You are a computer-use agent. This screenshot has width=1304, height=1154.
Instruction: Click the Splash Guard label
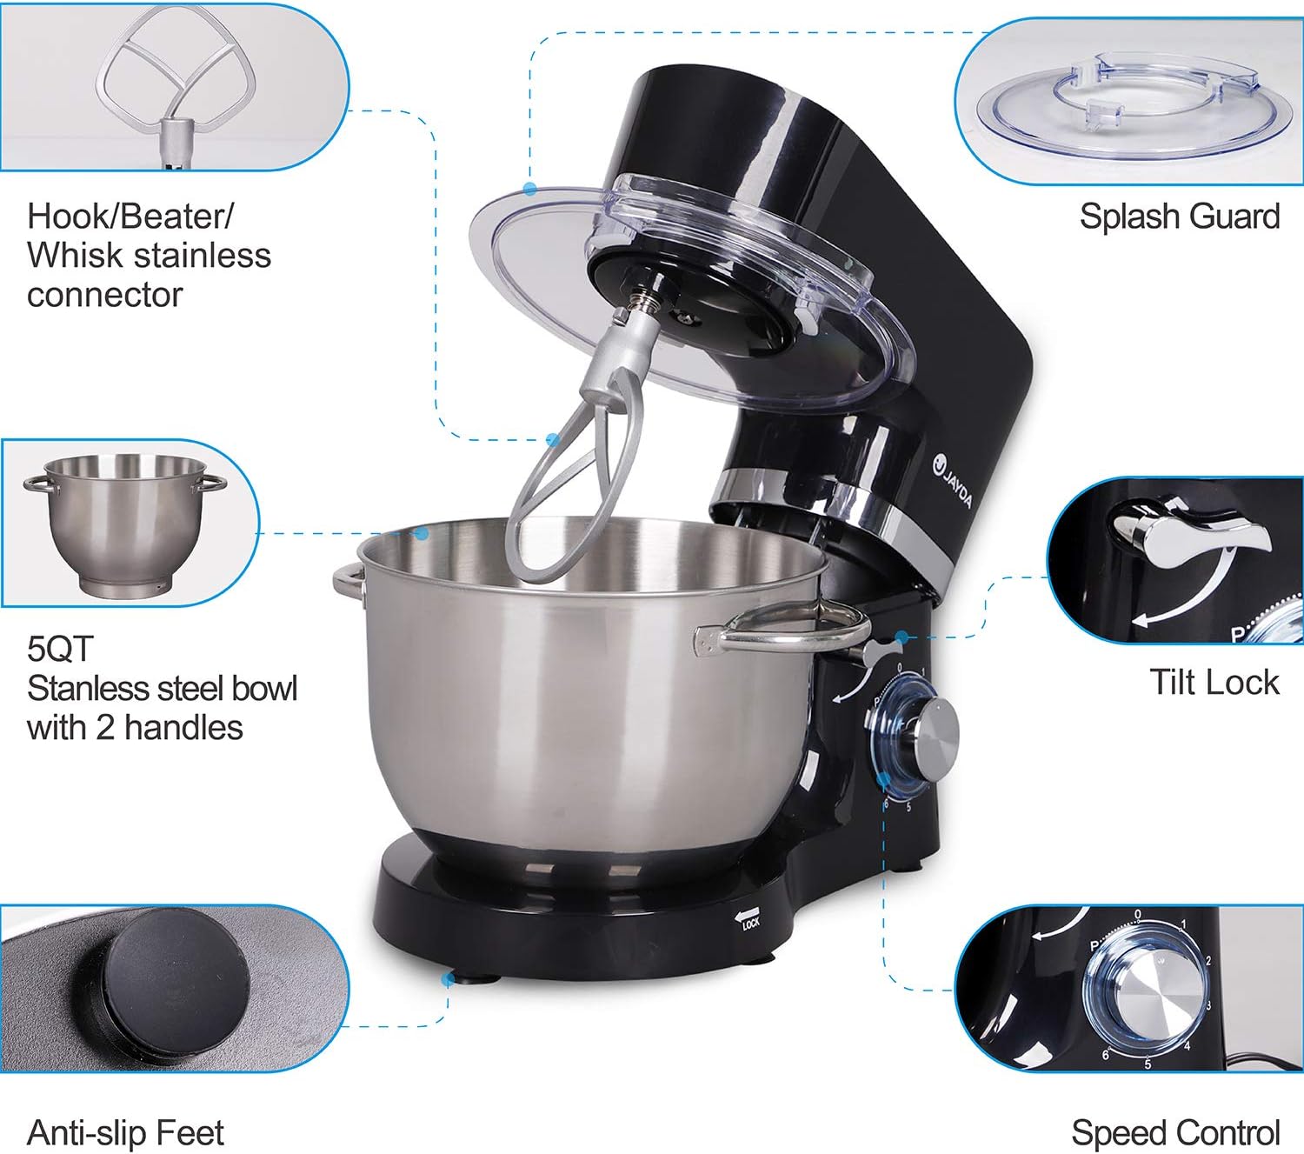1179,217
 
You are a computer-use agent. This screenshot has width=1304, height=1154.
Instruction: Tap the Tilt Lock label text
1214,682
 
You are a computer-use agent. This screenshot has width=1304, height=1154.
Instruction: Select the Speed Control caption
1175,1133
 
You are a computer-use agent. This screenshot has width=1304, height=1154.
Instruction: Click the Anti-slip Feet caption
125,1133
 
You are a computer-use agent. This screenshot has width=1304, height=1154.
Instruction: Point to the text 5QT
59,649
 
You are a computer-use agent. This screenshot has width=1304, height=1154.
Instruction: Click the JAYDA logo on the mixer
953,481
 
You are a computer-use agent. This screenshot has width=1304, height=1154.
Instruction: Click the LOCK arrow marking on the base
747,919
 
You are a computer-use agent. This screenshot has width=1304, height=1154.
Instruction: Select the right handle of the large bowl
782,631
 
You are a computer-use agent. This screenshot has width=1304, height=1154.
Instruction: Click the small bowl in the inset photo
125,524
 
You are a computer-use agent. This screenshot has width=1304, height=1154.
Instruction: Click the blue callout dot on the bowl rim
422,532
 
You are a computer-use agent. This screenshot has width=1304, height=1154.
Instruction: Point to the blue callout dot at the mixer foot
448,979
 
